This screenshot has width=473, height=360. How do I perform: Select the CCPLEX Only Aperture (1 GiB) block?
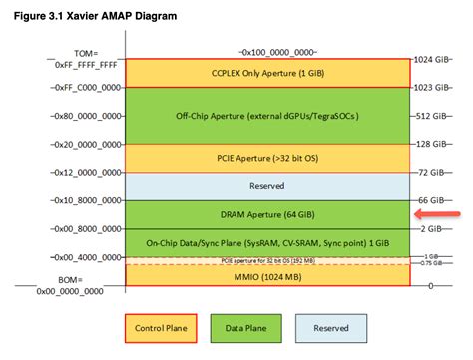coord(266,73)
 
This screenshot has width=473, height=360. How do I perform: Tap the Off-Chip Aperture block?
coord(266,116)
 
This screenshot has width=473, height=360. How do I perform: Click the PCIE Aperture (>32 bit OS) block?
coord(266,158)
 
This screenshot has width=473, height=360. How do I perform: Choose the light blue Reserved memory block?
coord(266,186)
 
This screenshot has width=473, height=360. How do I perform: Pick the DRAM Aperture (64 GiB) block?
coord(266,214)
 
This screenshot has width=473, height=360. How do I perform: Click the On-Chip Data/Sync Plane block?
coord(266,242)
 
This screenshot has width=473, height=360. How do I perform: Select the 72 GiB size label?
coord(437,172)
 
